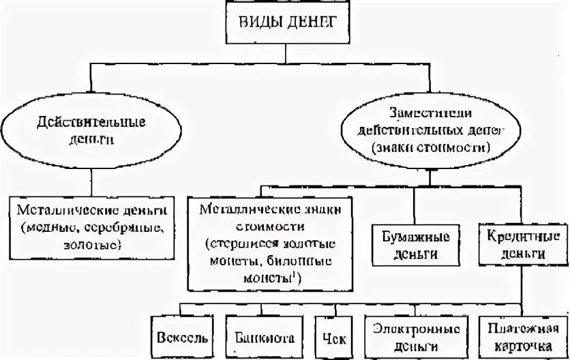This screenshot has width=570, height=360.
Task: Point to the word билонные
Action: click(307, 259)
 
